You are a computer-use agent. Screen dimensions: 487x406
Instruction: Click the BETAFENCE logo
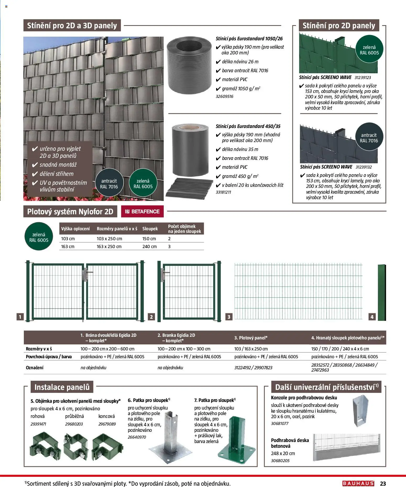142,211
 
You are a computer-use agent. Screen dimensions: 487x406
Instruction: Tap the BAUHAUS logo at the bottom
358,483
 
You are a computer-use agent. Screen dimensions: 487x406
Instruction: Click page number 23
383,483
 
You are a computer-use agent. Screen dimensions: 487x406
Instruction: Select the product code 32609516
224,96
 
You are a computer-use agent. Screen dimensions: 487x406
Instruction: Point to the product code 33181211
223,192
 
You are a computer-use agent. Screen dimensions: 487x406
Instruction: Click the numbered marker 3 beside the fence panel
229,317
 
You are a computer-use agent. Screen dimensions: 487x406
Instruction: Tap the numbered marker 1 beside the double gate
20,317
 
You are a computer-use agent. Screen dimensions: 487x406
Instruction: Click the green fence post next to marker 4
382,292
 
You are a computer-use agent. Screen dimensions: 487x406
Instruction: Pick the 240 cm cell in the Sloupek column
149,247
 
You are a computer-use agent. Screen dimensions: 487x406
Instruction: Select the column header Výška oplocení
75,229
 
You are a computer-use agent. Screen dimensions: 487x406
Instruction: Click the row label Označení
35,367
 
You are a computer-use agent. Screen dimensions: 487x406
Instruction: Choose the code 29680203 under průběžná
74,424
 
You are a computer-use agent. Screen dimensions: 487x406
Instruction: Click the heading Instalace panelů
62,387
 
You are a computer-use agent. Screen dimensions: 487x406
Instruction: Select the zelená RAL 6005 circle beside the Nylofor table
39,237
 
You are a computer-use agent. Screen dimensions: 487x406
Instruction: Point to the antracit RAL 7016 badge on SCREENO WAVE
369,138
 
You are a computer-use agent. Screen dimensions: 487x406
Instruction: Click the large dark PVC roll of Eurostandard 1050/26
189,65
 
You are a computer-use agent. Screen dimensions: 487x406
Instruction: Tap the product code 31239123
363,77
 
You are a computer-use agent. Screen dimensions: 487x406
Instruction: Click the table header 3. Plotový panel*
251,338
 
